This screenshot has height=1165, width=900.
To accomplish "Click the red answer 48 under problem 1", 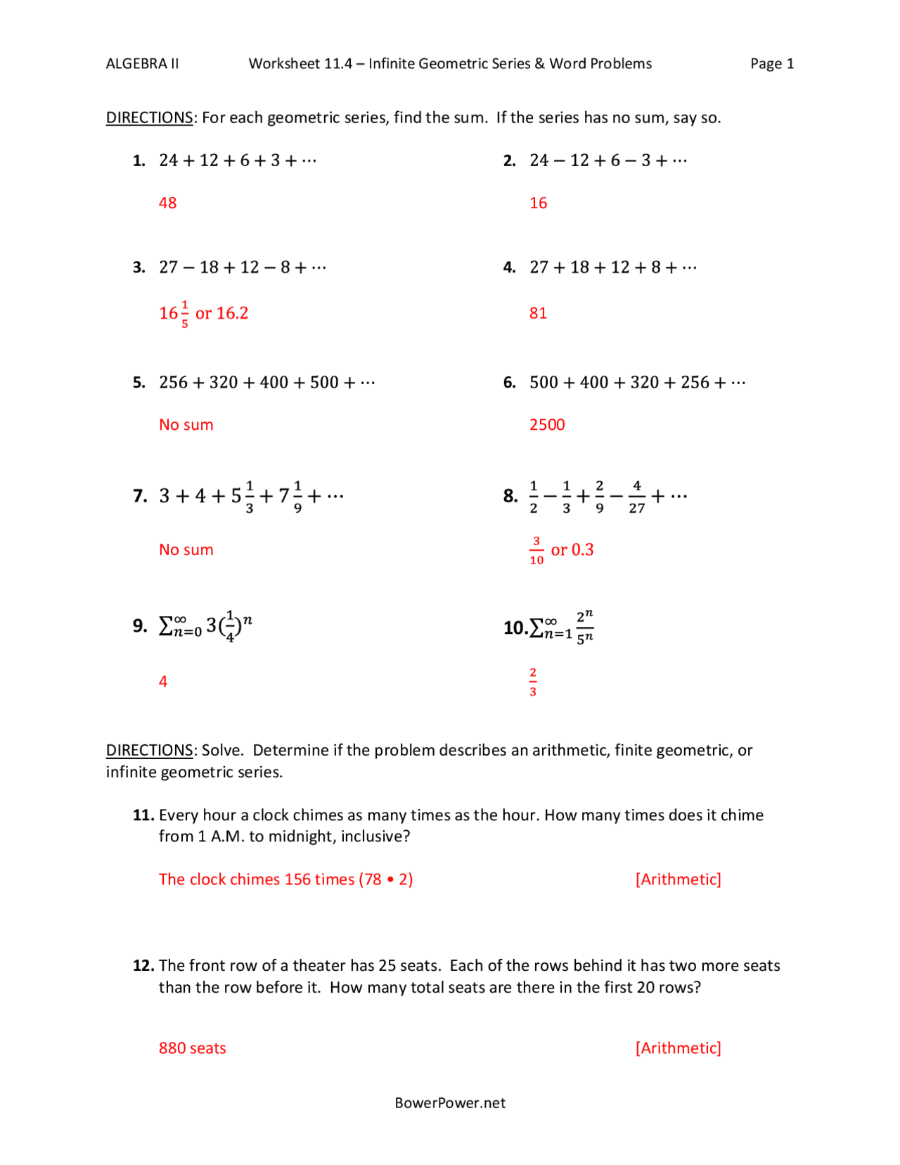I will pos(167,203).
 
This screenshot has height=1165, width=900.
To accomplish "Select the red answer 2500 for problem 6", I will pos(547,425).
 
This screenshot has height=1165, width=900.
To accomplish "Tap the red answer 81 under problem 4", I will pos(538,313).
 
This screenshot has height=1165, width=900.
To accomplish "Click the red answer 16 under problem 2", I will pos(538,203).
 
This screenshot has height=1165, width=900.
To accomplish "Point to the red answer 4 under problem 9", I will pos(163,682).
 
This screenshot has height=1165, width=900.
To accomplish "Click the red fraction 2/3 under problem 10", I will pos(533,682).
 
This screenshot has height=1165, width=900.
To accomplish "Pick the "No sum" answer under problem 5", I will pos(186,425).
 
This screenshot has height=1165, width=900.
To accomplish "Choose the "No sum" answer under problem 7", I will pos(186,550).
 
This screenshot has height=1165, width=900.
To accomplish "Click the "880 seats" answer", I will pos(192,1048).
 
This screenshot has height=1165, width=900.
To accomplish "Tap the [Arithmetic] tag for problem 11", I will pos(678,879).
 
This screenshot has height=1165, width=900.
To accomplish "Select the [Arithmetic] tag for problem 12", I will pos(678,1048).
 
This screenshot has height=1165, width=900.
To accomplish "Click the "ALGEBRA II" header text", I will pos(142,64).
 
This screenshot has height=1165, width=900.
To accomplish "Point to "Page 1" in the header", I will pos(771,64).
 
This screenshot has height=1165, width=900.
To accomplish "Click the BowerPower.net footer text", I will pos(450,1103).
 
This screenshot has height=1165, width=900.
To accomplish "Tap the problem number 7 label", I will pos(140,497).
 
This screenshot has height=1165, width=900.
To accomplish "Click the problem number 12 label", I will pos(143,966).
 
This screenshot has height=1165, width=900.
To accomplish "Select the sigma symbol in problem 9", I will pos(167,625).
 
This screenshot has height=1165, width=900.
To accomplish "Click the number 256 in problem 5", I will pos(174,383).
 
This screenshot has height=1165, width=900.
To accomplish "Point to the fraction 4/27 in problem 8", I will pos(636,497).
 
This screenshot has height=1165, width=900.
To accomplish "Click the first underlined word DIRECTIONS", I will pos(149,117).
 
